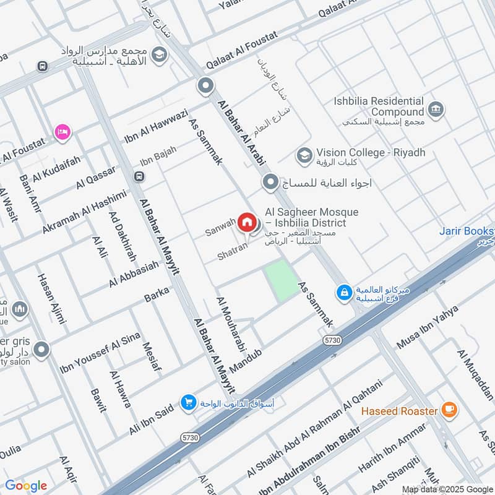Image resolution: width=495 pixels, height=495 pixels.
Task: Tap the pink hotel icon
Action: coord(62,131)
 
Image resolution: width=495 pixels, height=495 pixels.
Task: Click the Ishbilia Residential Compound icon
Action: coord(436,110)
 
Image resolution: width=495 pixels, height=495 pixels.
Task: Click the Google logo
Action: coord(26,486)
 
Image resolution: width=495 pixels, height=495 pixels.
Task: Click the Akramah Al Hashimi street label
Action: coord(84,212)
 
